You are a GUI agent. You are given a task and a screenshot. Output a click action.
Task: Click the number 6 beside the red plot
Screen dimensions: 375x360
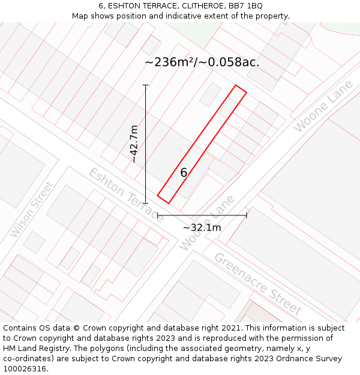coord(184,173)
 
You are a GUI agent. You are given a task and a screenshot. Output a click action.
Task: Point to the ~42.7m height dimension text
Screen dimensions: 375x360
coord(134,144)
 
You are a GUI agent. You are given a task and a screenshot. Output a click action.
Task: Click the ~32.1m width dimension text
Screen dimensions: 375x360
coord(202,227)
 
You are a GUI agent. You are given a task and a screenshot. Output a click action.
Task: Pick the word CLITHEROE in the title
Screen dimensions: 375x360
coord(184,6)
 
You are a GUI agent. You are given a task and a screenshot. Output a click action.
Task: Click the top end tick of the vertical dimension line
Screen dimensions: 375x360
coord(146,85)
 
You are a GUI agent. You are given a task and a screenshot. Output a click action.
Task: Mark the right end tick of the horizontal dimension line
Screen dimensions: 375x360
coord(247,215)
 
